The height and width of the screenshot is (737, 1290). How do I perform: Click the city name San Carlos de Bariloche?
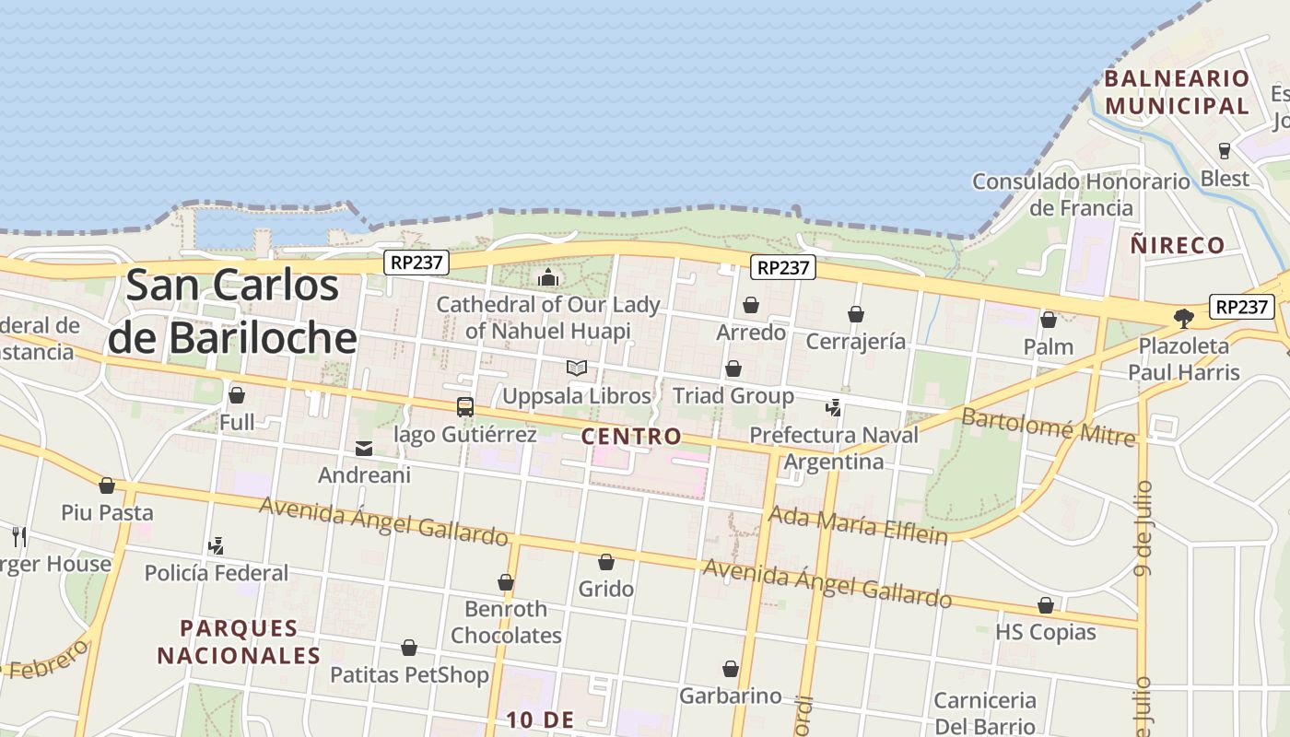[232, 311]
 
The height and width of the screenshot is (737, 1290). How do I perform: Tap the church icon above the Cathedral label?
[548, 276]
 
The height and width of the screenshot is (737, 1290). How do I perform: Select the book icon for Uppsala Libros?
[577, 368]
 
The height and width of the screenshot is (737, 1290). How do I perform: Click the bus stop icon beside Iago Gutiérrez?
[465, 407]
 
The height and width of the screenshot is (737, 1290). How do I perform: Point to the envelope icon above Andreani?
[364, 449]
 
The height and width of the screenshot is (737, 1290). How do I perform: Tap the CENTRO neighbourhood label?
[632, 437]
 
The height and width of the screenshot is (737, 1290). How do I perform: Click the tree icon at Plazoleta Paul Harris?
[1184, 319]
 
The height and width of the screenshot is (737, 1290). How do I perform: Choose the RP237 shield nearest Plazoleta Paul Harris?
[1241, 307]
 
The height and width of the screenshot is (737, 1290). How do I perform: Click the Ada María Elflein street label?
[858, 524]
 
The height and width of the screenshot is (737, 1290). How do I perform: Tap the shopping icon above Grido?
[606, 562]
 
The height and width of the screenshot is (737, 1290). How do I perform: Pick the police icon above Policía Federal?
[217, 545]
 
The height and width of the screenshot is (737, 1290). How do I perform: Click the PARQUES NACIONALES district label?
[239, 642]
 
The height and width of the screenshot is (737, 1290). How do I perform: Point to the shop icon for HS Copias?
[1046, 605]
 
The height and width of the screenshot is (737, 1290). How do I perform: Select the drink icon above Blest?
[1225, 150]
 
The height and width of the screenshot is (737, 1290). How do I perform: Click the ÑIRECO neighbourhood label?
[1178, 245]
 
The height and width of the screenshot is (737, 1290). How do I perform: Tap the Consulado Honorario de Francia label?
[1081, 194]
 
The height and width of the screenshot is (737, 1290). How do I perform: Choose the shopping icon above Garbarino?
[731, 669]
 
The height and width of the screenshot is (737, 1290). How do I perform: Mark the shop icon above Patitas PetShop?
[409, 649]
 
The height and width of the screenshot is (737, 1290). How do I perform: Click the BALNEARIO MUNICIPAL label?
[1177, 92]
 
